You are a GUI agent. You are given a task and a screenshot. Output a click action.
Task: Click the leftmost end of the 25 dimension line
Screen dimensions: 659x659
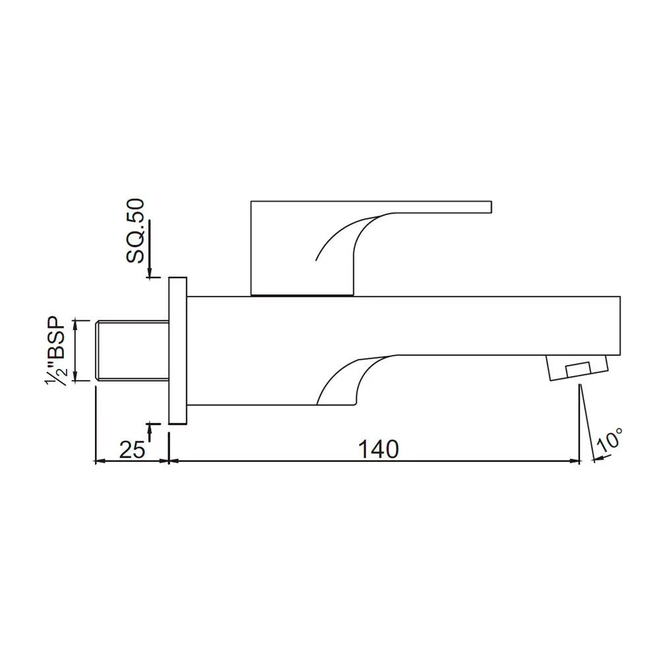click(98, 461)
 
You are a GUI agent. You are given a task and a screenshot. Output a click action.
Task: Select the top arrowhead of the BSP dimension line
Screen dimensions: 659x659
click(76, 324)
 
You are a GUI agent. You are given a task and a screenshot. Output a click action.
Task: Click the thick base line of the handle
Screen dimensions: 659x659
click(302, 295)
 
